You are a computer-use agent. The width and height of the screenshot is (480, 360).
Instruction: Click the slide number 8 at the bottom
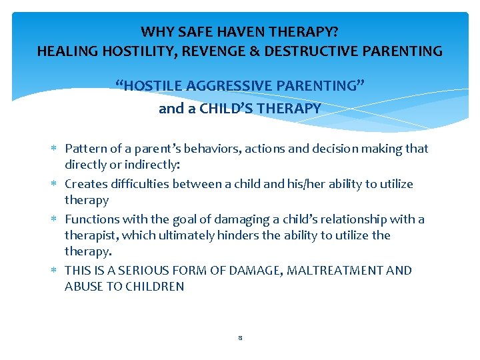coord(239,338)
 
